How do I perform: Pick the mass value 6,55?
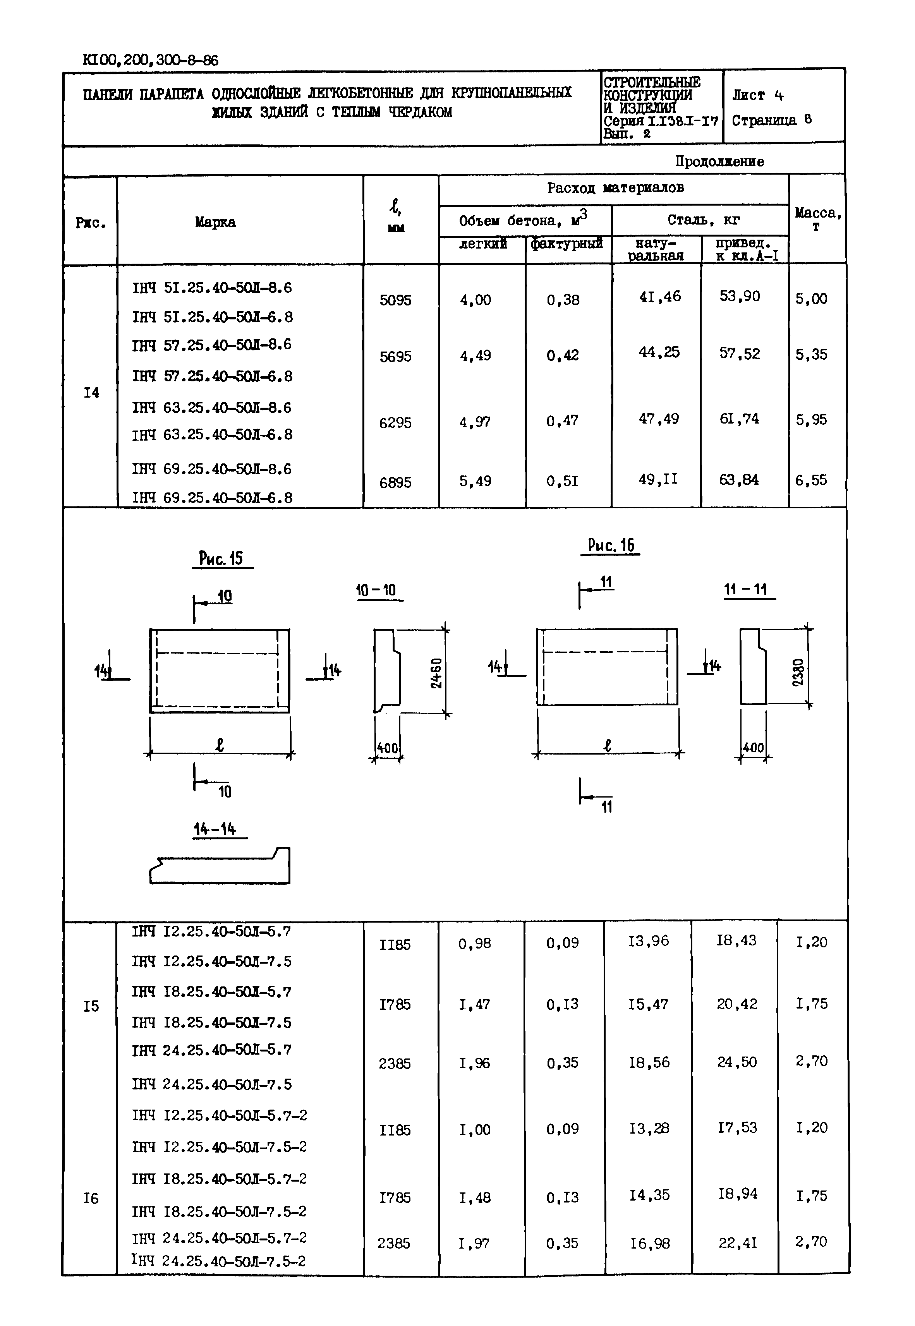coord(811,480)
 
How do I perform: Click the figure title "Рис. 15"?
coord(221,558)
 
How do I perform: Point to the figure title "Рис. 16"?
coord(611,545)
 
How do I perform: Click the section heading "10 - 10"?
coord(376,590)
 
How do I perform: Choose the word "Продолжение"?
coord(719,161)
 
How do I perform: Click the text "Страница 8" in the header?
coord(771,120)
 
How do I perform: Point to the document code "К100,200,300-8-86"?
coord(150,60)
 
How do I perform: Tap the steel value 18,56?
coord(649,1062)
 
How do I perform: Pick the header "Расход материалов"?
coord(615,188)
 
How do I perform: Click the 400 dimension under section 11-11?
coord(753,748)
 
